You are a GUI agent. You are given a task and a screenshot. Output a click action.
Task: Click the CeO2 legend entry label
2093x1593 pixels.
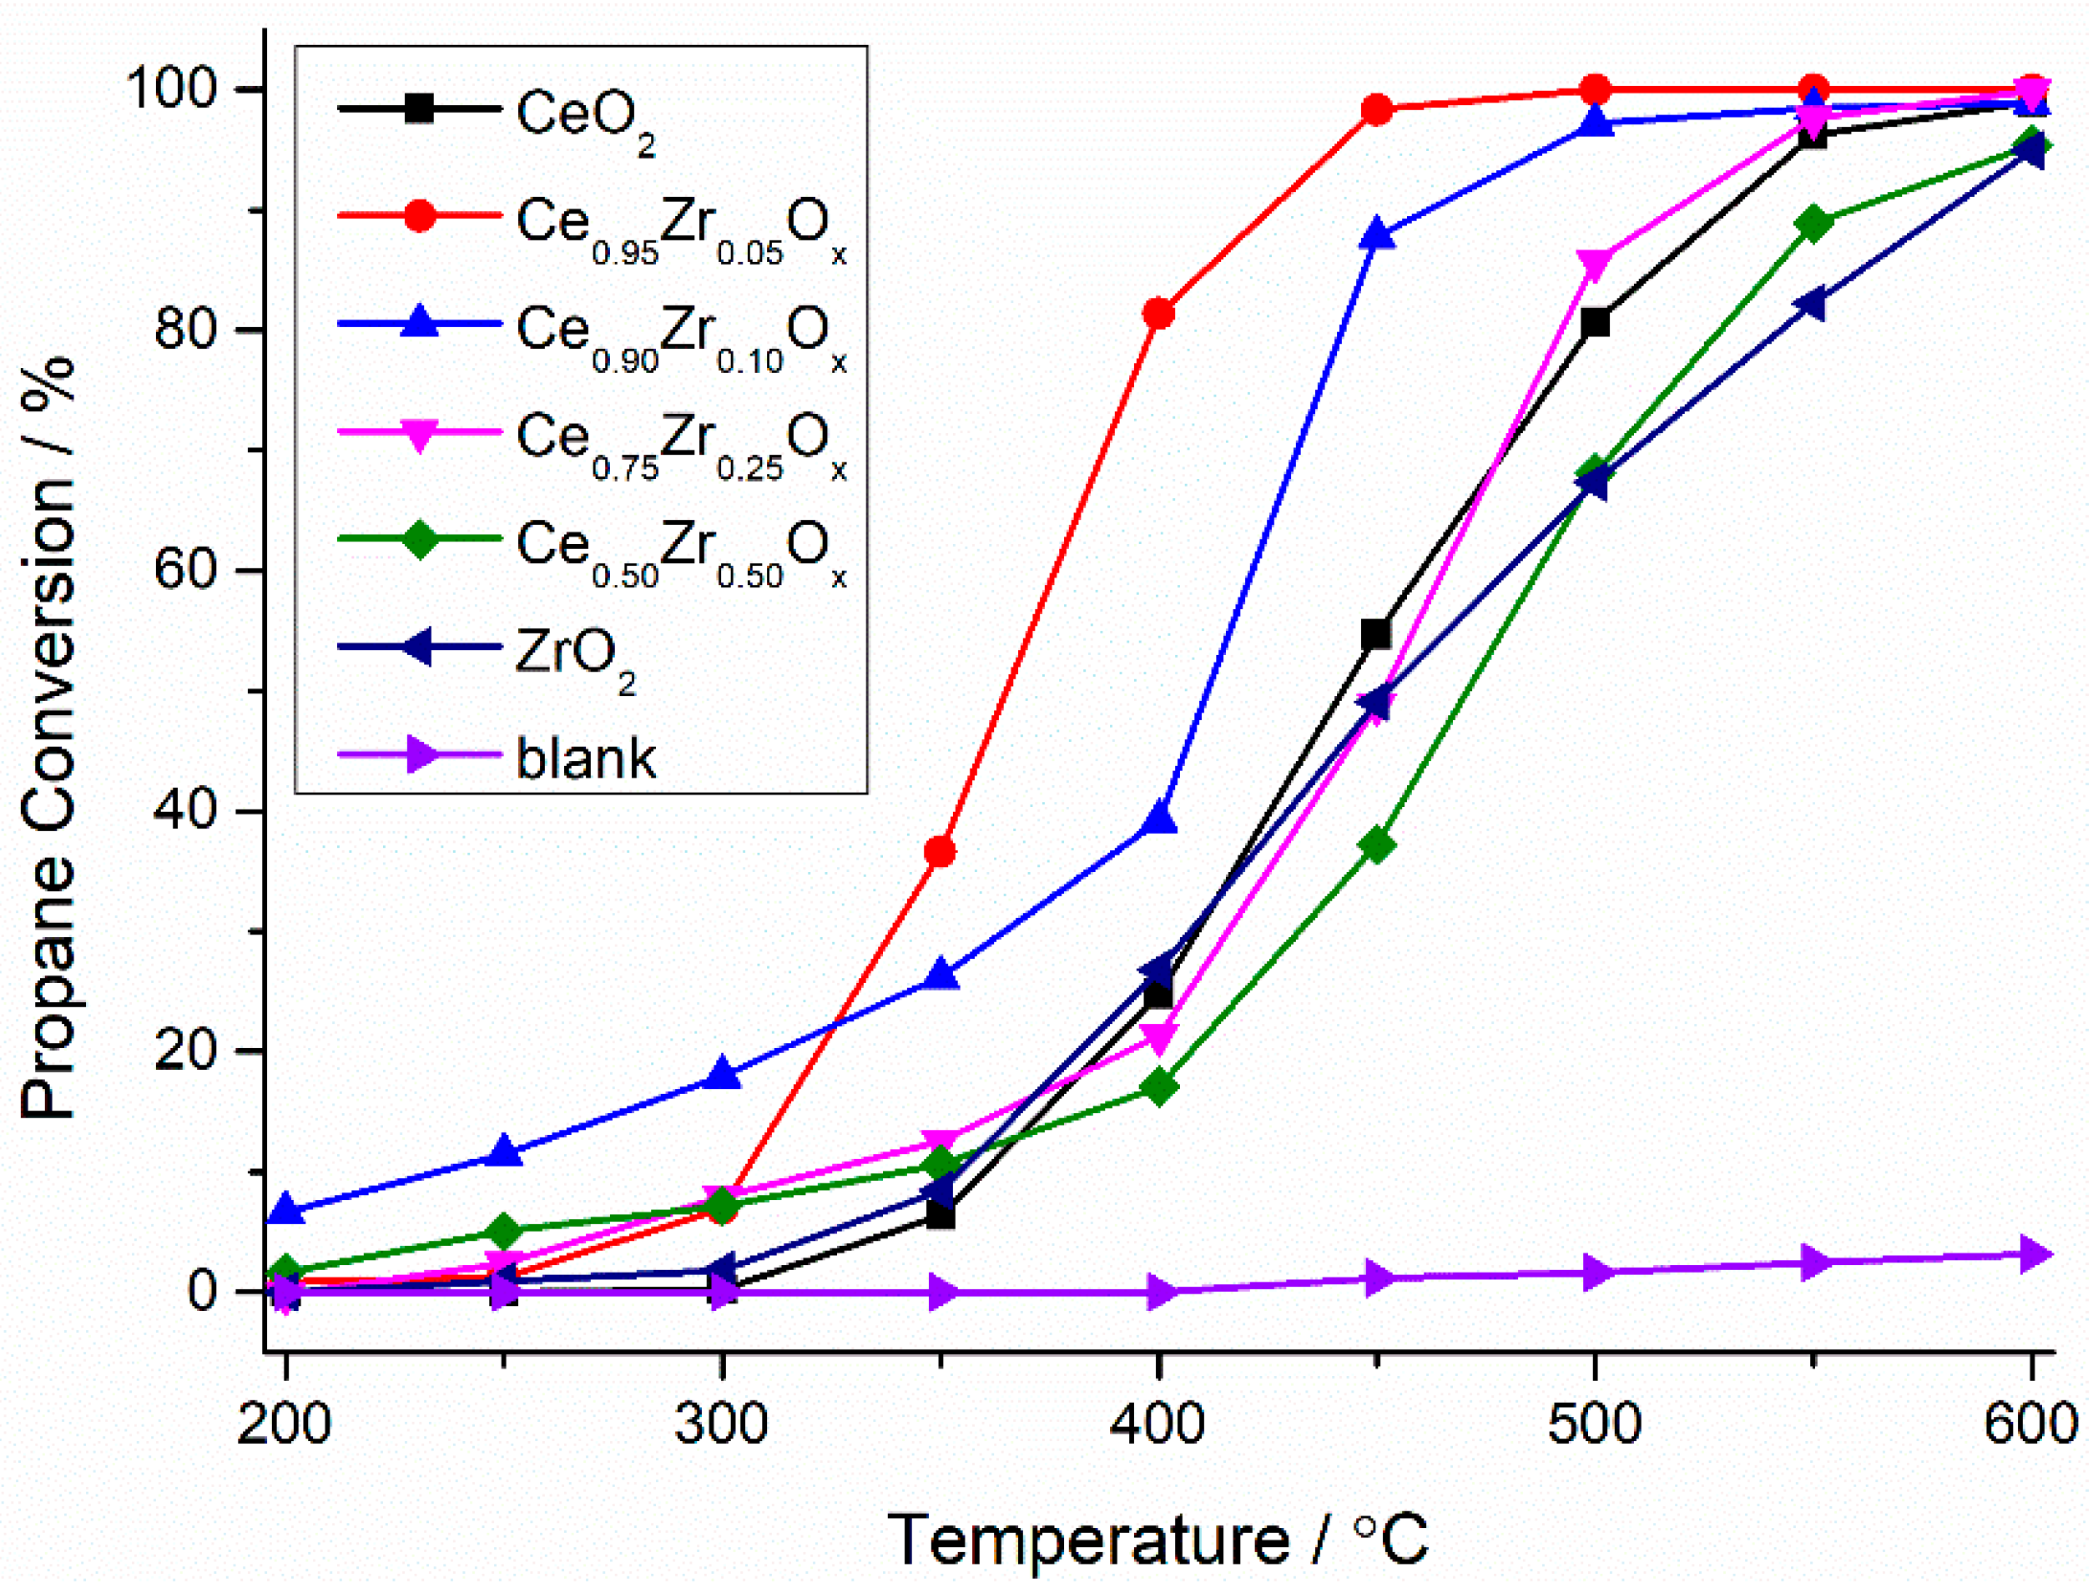[x=583, y=117]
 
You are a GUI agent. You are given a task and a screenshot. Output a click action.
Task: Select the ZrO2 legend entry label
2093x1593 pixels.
[x=574, y=653]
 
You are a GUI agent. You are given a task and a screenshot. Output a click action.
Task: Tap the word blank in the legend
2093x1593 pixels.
[x=585, y=759]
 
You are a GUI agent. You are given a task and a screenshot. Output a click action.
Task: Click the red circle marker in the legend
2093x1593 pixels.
[x=419, y=216]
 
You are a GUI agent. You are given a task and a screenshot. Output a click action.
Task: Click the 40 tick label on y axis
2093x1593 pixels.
[x=186, y=812]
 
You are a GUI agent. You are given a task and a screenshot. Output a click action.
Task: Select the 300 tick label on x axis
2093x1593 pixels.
[x=722, y=1424]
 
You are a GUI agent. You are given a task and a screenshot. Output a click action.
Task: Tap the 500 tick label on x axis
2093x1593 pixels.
[x=1595, y=1424]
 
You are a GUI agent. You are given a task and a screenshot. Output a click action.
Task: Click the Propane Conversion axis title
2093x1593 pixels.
[x=48, y=739]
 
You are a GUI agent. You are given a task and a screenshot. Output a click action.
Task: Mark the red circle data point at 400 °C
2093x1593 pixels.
[x=1158, y=313]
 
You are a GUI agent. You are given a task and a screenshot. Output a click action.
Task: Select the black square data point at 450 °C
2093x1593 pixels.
[x=1376, y=634]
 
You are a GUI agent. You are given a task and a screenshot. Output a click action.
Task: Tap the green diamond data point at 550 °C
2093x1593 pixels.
[x=1813, y=224]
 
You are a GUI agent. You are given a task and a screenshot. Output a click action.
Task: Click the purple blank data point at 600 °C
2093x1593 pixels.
[x=2031, y=1254]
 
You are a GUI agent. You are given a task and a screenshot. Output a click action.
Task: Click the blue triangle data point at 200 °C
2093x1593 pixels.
[x=285, y=1211]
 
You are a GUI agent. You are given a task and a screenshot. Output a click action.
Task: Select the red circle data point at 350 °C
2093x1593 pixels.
[x=940, y=851]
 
